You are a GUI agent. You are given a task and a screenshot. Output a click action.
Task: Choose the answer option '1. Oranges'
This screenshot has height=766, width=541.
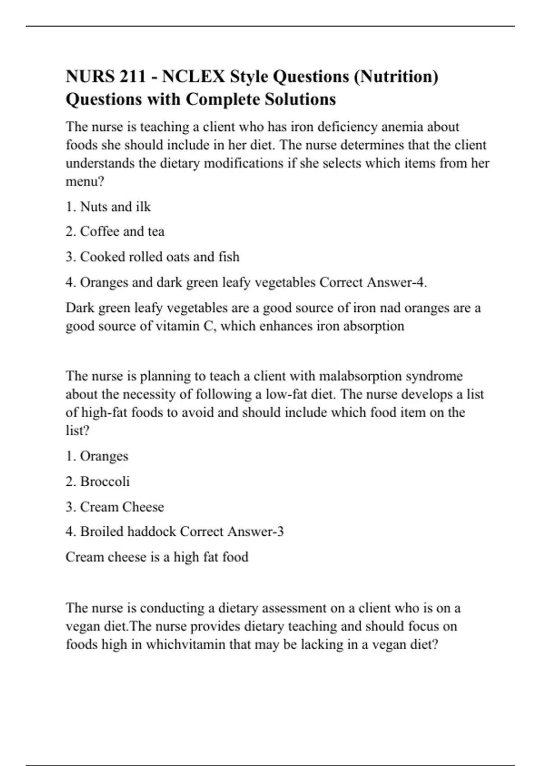[x=97, y=456]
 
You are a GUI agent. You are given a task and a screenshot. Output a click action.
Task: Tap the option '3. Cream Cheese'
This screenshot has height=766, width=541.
[x=115, y=507]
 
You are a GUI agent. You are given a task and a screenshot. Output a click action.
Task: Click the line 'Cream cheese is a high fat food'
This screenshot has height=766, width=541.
[x=157, y=557]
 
